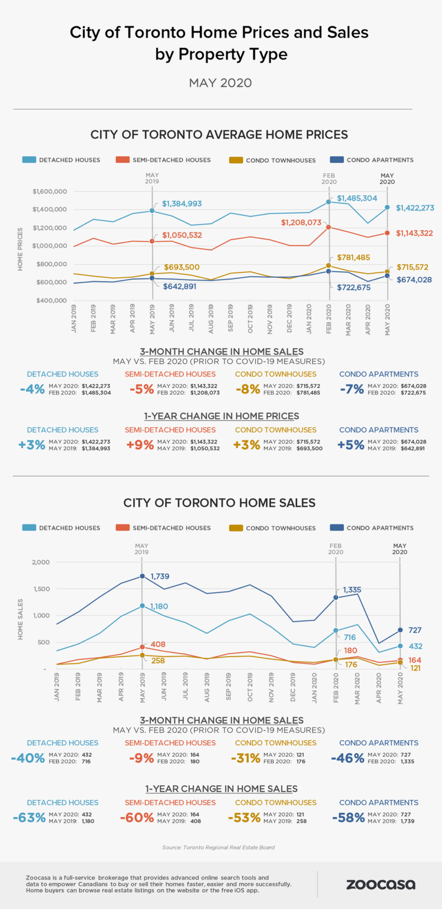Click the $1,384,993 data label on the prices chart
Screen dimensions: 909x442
tap(182, 204)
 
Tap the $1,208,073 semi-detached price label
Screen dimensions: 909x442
tap(301, 223)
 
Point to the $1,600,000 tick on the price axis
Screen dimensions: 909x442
tap(51, 192)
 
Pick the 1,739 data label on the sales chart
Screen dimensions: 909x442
tap(160, 576)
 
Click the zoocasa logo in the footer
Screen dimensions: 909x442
tap(380, 884)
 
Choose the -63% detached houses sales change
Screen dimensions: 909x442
tap(28, 818)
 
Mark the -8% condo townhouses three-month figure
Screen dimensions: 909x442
tap(247, 389)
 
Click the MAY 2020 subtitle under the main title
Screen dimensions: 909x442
tap(220, 83)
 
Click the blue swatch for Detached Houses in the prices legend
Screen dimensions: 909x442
tap(29, 160)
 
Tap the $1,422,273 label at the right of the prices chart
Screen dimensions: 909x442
tap(415, 208)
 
